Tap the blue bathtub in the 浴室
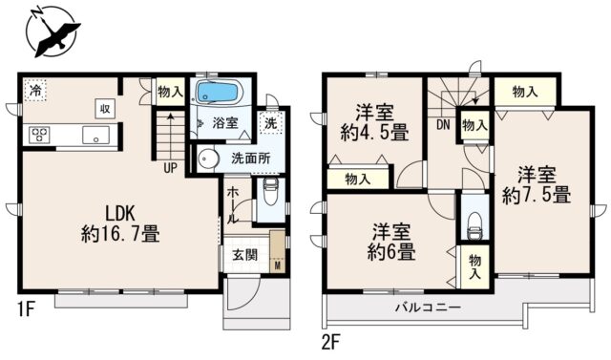(x=218, y=93)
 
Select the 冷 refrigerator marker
(x=35, y=91)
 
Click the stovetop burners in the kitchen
(x=39, y=136)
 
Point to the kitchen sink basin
(x=95, y=135)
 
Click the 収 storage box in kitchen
(x=105, y=109)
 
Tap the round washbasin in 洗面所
(x=206, y=159)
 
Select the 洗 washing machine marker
(x=270, y=123)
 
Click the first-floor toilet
(x=270, y=192)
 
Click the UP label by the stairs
(x=170, y=168)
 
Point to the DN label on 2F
(x=443, y=125)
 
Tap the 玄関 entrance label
(x=245, y=255)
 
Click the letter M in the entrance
(x=278, y=266)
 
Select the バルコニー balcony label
(x=429, y=308)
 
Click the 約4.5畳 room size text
(x=374, y=134)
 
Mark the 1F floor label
(x=27, y=311)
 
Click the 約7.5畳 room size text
(x=537, y=195)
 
